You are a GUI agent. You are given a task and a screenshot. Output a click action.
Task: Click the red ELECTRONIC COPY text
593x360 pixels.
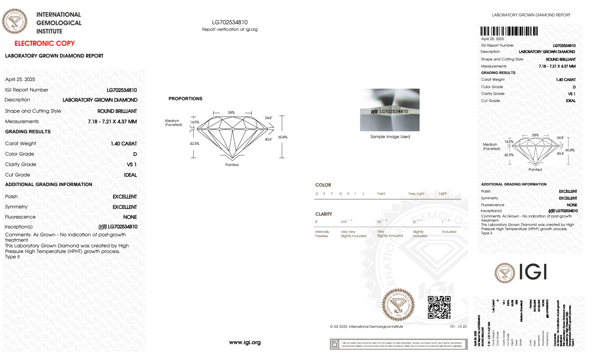pyautogui.click(x=45, y=43)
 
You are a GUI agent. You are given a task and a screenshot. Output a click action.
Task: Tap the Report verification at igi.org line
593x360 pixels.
pyautogui.click(x=230, y=29)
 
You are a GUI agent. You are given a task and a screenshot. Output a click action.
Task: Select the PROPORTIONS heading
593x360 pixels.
pyautogui.click(x=185, y=99)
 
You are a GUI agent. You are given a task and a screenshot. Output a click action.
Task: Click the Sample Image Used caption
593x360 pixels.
pyautogui.click(x=390, y=137)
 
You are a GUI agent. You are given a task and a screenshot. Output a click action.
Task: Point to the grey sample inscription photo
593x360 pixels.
pyautogui.click(x=390, y=110)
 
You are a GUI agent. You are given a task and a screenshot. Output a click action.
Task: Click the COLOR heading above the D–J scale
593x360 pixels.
pyautogui.click(x=323, y=185)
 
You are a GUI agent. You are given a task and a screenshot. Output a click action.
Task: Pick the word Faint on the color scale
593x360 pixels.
pyautogui.click(x=381, y=194)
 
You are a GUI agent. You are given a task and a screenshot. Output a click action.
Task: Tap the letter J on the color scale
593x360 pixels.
pyautogui.click(x=363, y=194)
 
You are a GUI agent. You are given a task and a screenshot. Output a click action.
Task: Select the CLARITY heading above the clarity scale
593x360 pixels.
pyautogui.click(x=324, y=214)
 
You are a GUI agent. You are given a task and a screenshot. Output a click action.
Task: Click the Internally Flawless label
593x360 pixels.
pyautogui.click(x=322, y=234)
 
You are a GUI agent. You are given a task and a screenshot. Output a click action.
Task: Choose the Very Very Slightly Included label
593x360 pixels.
pyautogui.click(x=353, y=234)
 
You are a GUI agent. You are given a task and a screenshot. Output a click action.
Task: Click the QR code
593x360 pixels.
pyautogui.click(x=439, y=307)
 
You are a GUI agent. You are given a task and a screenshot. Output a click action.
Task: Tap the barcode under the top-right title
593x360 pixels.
pyautogui.click(x=509, y=31)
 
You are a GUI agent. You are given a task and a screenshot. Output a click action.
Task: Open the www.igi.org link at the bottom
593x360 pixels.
pyautogui.click(x=245, y=342)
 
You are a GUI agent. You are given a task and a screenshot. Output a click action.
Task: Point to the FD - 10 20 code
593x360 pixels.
pyautogui.click(x=458, y=327)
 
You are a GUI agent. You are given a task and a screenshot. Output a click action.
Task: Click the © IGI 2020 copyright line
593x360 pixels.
pyautogui.click(x=367, y=327)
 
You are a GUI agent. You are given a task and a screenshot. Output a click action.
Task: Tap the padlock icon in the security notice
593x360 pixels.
pyautogui.click(x=335, y=344)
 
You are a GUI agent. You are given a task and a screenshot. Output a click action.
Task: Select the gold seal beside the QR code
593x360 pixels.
pyautogui.click(x=398, y=305)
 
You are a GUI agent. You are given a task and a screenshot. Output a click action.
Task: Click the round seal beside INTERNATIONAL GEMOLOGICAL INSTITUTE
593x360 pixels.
pyautogui.click(x=15, y=21)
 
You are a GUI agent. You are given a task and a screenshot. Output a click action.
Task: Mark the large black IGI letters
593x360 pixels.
pyautogui.click(x=533, y=272)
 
